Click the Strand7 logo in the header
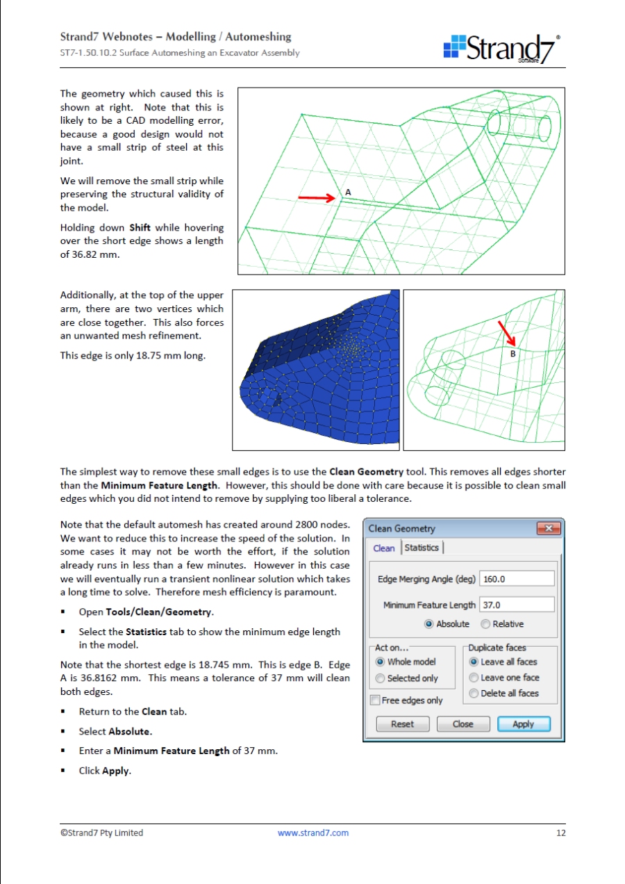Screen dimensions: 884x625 [501, 49]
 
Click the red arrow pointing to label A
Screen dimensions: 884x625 [317, 198]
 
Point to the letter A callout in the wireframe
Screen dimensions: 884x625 [348, 192]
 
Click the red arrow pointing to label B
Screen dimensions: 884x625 [506, 334]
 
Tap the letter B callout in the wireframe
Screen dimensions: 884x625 [513, 354]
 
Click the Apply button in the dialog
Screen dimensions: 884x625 [524, 724]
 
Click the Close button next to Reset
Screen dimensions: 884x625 [462, 724]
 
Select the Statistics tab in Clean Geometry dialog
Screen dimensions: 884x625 [422, 548]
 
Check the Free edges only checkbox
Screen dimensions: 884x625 [376, 701]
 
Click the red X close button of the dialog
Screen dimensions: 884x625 [548, 529]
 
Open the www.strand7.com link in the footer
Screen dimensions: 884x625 [313, 833]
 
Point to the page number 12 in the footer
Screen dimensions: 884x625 [561, 833]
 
